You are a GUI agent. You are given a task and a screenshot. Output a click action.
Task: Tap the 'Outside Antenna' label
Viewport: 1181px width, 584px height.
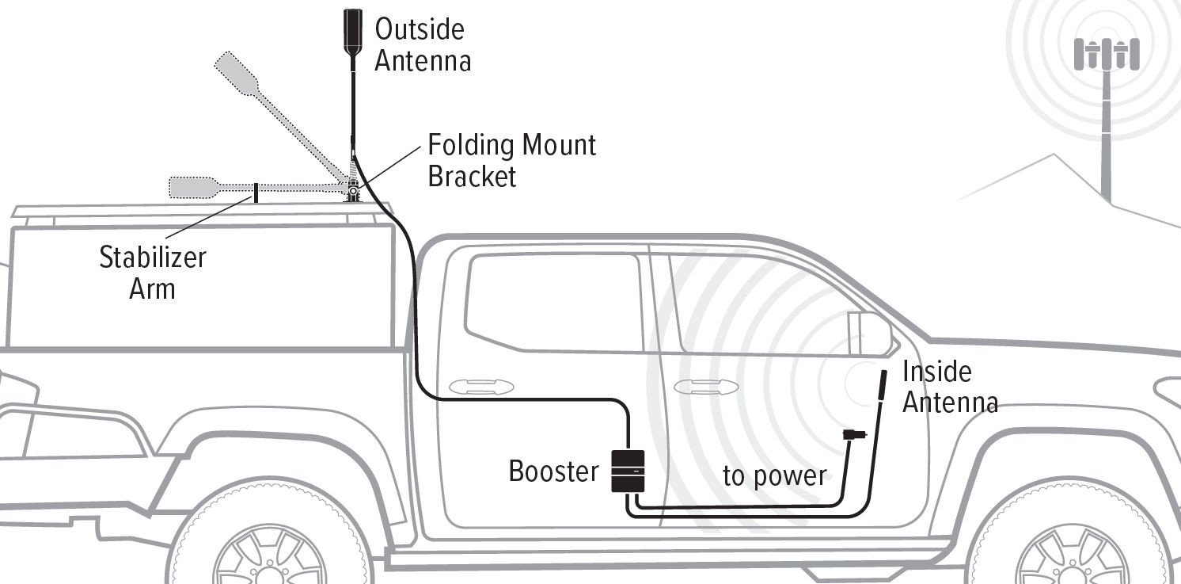(x=422, y=45)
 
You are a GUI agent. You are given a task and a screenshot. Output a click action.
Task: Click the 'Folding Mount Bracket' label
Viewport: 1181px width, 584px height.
(x=511, y=160)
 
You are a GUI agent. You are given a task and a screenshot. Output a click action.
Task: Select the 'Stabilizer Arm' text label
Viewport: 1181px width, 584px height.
(x=152, y=272)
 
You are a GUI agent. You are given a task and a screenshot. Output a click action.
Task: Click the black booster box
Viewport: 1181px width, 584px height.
(x=628, y=471)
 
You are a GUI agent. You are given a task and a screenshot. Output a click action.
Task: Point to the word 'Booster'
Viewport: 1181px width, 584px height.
(x=553, y=471)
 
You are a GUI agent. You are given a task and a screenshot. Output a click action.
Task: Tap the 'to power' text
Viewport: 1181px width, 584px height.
(x=774, y=476)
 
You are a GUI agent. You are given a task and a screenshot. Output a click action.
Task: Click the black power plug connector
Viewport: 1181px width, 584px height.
(x=854, y=434)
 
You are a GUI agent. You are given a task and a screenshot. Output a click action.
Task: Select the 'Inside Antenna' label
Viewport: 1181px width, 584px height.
(x=949, y=387)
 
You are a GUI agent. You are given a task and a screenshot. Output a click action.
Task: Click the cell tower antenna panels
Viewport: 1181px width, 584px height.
(x=1106, y=54)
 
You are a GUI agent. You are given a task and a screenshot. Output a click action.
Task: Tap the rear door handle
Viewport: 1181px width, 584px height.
(x=480, y=387)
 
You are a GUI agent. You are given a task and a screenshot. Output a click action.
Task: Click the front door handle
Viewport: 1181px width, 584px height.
(x=705, y=387)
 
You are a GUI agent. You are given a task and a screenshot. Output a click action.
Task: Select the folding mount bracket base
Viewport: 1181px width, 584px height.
(x=351, y=193)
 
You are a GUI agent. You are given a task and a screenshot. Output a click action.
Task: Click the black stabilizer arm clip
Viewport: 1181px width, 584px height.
(x=255, y=192)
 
